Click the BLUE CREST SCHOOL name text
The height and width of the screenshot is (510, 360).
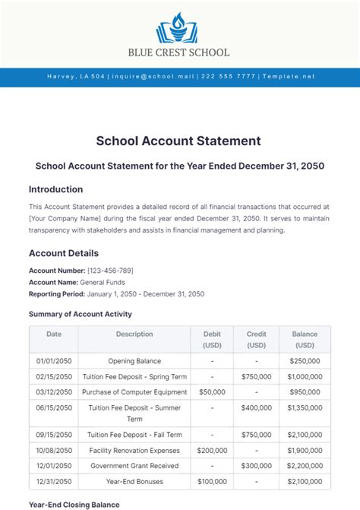pos(179,52)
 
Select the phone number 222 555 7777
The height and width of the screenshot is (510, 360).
pos(229,77)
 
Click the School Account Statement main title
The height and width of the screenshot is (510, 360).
pos(179,141)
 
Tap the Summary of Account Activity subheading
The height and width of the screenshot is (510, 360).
pos(80,314)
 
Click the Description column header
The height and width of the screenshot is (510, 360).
pos(134,334)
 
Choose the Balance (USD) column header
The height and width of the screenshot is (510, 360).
pos(305,339)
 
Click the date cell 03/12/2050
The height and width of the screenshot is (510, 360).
pos(54,392)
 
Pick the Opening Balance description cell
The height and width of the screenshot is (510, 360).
pos(134,361)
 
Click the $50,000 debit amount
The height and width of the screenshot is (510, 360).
pos(212,392)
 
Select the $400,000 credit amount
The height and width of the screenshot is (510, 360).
pos(257,407)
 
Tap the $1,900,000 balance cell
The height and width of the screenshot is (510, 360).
pos(305,450)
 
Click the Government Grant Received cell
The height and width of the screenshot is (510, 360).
pos(134,465)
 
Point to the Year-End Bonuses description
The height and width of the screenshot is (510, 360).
pos(134,481)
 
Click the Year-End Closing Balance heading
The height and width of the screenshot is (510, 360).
pos(74,504)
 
